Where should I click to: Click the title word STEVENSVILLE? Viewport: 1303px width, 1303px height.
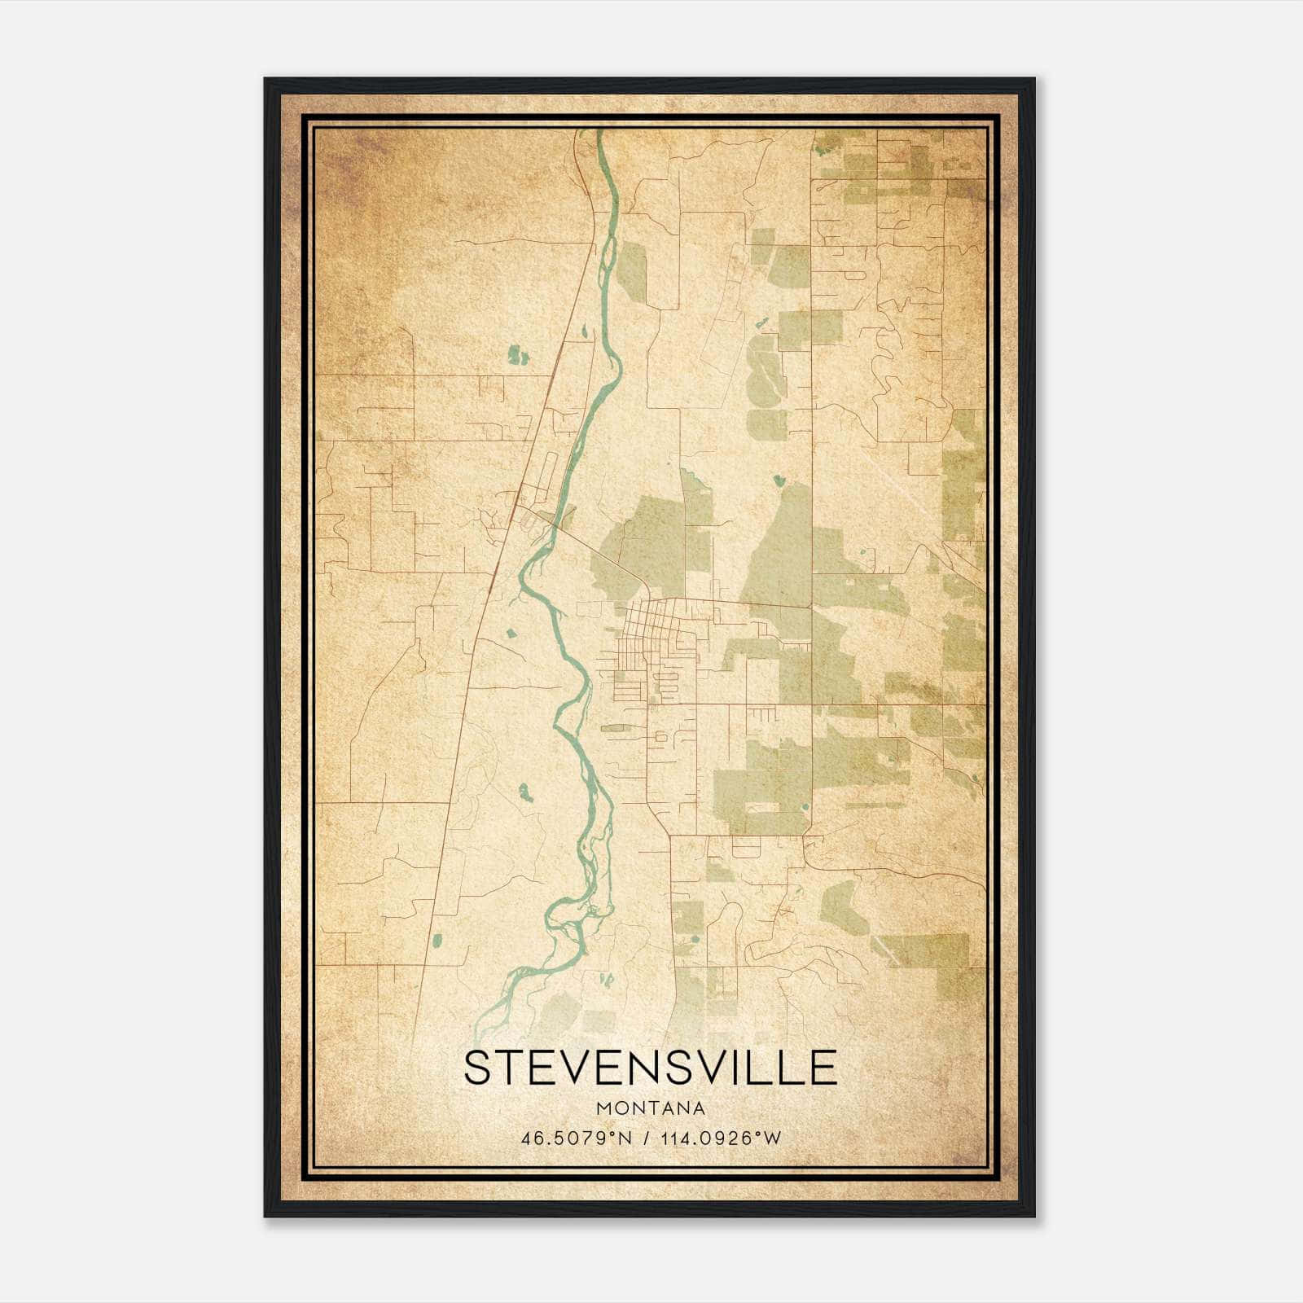pos(650,1068)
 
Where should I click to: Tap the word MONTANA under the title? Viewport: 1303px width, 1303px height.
pos(650,1108)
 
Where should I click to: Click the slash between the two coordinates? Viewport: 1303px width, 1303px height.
pos(647,1138)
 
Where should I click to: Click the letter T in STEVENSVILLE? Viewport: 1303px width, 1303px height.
pos(511,1068)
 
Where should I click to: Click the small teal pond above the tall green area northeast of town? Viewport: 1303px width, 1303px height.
pos(779,480)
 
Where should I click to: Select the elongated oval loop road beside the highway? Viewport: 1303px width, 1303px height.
pos(547,470)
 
